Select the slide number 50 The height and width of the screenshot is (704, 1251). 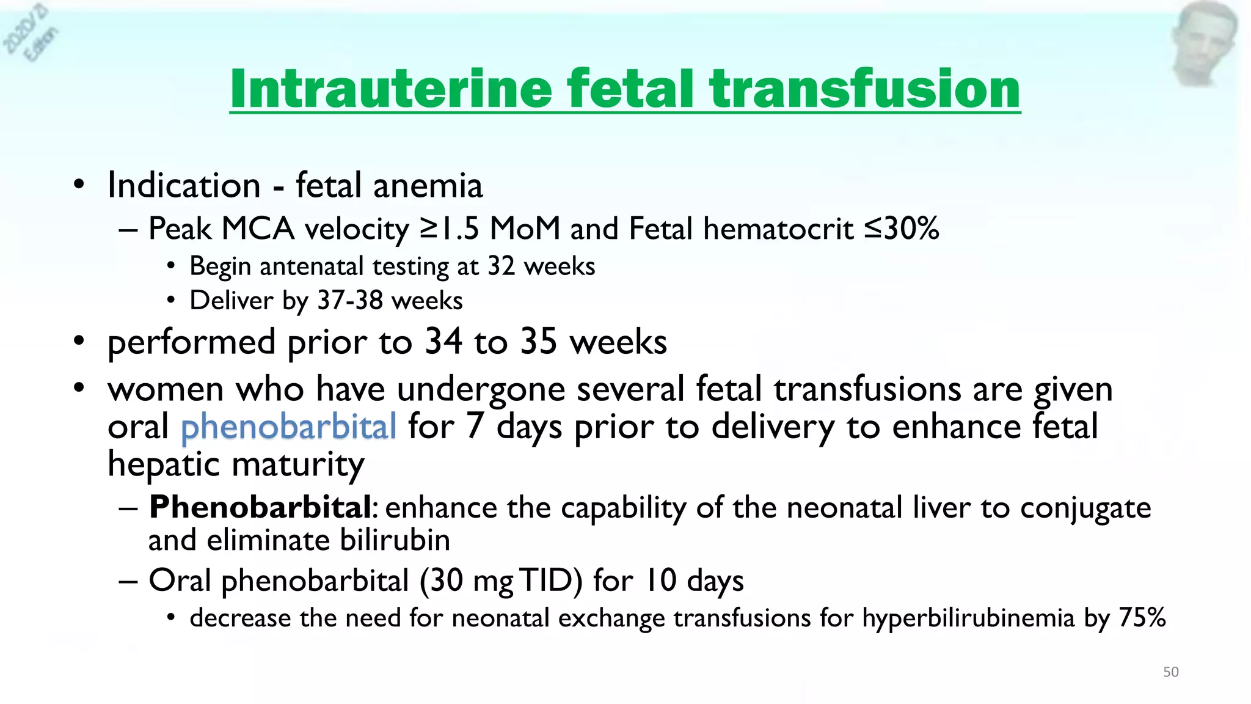pyautogui.click(x=1170, y=672)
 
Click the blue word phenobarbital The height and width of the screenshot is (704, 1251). pyautogui.click(x=288, y=427)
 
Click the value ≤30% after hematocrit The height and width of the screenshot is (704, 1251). pyautogui.click(x=902, y=229)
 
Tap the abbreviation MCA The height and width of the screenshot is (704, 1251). pyautogui.click(x=258, y=229)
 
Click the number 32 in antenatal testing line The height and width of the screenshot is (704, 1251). pyautogui.click(x=501, y=266)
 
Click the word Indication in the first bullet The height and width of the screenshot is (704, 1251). pyautogui.click(x=184, y=185)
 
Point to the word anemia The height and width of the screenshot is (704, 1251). pyautogui.click(x=428, y=186)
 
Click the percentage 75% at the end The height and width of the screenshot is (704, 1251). pyautogui.click(x=1142, y=618)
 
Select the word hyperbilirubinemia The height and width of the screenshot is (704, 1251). pyautogui.click(x=968, y=618)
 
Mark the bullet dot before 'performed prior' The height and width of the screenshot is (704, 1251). pyautogui.click(x=78, y=342)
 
